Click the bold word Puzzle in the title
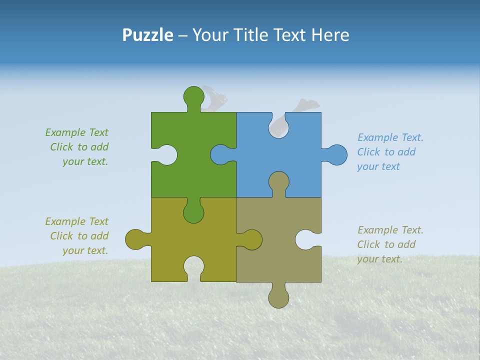[x=147, y=35]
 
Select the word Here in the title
[x=330, y=35]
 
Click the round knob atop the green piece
[x=193, y=96]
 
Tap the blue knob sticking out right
[x=336, y=155]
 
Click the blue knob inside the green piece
[x=221, y=155]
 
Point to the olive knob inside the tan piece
[x=251, y=239]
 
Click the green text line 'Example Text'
[x=76, y=132]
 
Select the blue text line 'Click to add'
[x=386, y=152]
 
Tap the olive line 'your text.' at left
[x=85, y=250]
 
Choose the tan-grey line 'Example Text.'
[x=390, y=230]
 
